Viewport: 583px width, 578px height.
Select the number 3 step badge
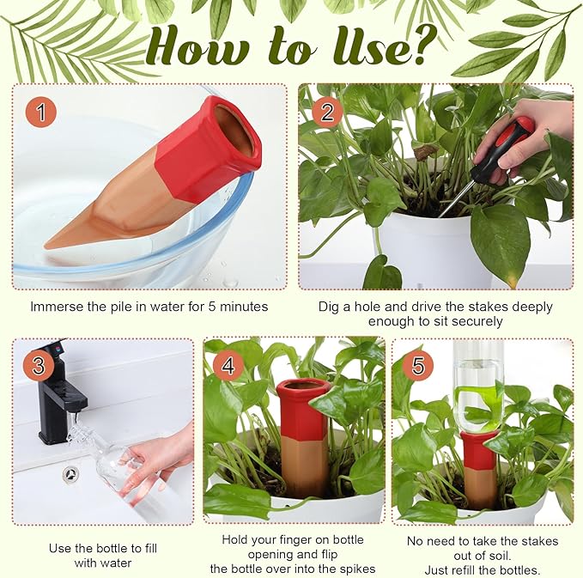(37, 365)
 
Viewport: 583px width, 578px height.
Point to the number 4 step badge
(228, 364)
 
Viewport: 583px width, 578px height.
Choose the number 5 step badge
(417, 365)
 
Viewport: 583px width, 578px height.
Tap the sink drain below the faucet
(71, 473)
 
